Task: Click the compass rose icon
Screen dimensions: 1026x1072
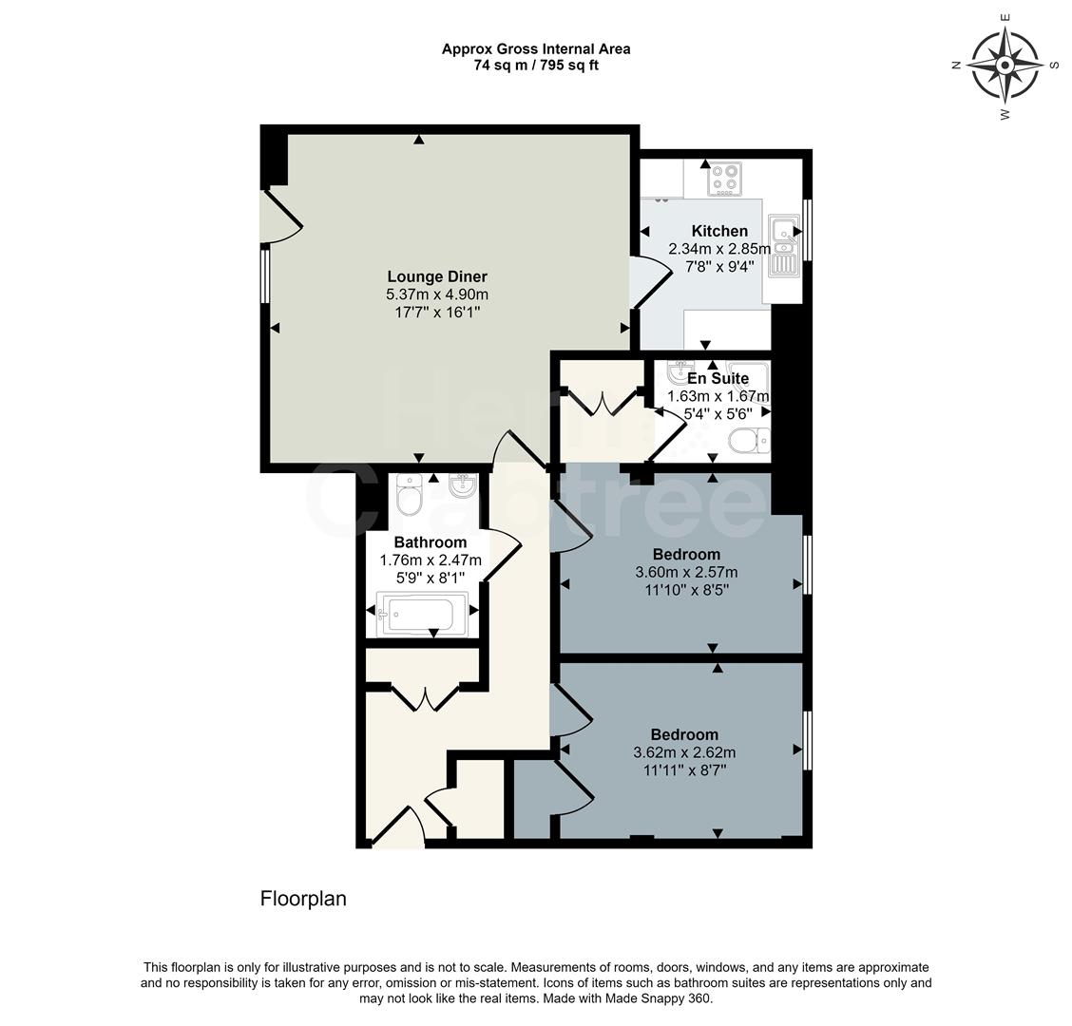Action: [1005, 65]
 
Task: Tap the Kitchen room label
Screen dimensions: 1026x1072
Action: [719, 231]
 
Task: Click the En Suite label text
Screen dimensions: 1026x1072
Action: [718, 378]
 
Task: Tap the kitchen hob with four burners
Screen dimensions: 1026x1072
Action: [725, 179]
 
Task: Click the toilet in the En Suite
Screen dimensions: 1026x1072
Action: [747, 441]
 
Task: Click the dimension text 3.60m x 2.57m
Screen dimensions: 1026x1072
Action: [686, 572]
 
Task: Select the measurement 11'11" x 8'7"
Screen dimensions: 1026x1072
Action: [684, 770]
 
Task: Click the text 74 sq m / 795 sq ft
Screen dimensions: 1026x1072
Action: [536, 66]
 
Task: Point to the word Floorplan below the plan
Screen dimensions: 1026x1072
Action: [303, 899]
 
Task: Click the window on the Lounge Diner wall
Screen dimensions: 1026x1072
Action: [265, 275]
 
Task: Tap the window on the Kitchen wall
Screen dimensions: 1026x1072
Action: [808, 229]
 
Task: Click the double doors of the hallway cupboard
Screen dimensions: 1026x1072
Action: [426, 697]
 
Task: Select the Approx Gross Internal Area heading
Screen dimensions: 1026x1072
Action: [536, 48]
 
